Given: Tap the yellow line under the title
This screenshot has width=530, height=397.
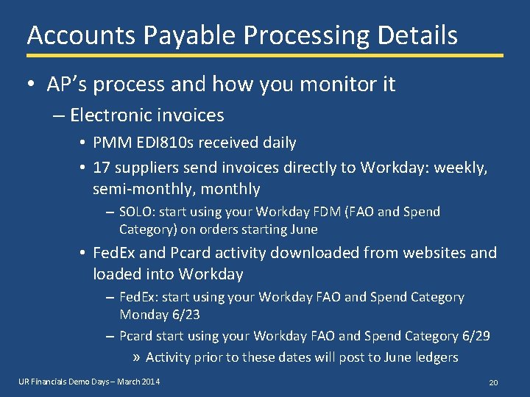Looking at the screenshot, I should [x=265, y=55].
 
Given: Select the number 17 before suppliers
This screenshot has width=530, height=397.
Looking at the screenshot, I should [x=102, y=168].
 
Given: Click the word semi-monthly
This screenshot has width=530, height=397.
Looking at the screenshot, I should [x=137, y=189].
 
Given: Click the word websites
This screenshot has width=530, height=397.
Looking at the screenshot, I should [x=431, y=253].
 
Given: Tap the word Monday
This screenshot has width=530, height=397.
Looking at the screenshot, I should [x=144, y=314].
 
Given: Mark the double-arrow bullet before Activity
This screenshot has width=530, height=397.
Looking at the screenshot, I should [x=137, y=358].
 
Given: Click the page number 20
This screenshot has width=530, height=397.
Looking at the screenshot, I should [x=494, y=383].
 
